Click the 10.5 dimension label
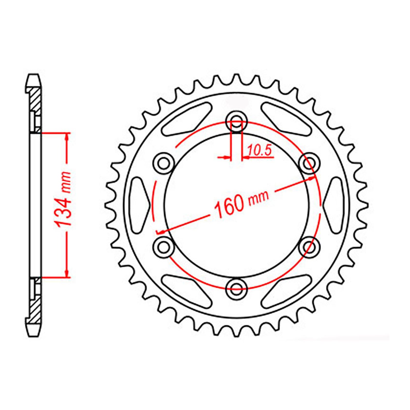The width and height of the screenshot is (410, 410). click(260, 151)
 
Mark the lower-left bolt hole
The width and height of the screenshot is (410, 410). click(164, 247)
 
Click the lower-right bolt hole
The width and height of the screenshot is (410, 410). click(310, 247)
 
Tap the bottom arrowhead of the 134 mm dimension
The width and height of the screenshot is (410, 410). click(67, 274)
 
